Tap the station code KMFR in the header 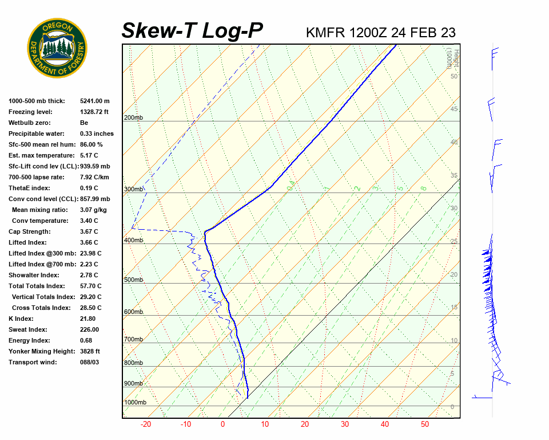coord(325,32)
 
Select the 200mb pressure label coord(133,117)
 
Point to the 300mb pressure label coord(133,189)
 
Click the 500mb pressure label coord(133,280)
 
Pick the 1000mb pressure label coord(134,402)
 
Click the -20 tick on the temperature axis coord(146,425)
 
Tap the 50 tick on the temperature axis coord(425,425)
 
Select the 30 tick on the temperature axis coord(345,425)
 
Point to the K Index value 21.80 coord(87,319)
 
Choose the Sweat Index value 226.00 coord(89,329)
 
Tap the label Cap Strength coord(29,231)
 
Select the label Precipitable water coord(37,133)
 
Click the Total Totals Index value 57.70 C coord(90,286)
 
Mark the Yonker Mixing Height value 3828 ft coord(90,351)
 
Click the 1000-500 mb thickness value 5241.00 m coord(95,101)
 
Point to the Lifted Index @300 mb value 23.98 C coord(90,253)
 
